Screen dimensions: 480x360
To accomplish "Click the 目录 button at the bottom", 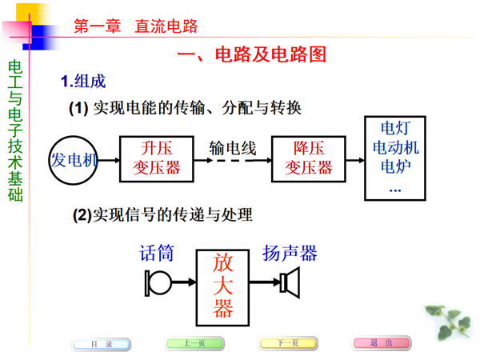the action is point(102,344).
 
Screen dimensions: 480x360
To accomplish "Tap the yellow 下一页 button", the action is point(288,343).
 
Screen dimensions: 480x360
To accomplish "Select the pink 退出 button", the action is point(382,343).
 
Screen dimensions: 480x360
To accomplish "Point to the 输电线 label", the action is point(233,148).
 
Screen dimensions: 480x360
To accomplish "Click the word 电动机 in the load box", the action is point(395,147).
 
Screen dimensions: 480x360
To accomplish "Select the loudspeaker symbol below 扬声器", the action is point(290,282).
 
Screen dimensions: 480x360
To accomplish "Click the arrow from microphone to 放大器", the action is point(184,282).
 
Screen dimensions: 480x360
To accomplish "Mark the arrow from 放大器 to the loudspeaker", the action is point(265,282).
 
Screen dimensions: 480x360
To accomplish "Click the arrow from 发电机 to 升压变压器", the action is point(109,160).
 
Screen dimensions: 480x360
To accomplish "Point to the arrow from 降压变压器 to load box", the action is point(355,160).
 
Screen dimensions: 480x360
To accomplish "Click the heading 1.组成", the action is point(83,82).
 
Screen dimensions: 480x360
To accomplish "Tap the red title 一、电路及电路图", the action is point(252,54).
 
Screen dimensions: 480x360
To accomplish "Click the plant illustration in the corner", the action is point(449,322).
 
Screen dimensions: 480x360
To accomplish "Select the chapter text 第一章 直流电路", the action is point(136,26).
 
